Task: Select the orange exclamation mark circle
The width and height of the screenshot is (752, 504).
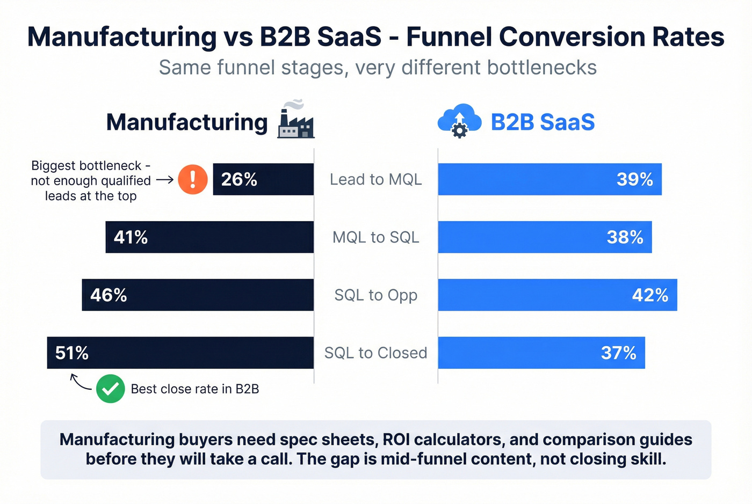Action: pos(192,179)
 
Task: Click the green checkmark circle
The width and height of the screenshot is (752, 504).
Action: pos(111,389)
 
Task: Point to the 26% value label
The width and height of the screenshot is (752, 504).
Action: pos(239,179)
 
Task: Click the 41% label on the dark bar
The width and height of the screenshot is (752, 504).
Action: pos(131,237)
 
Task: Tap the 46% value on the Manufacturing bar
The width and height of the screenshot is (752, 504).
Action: pos(109,295)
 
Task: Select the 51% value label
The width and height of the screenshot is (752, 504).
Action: pos(72,353)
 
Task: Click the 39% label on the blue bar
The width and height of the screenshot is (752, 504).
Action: pos(634,179)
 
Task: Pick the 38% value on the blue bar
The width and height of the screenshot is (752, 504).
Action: pos(625,237)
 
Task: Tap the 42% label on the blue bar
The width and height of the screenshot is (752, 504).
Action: pos(650,295)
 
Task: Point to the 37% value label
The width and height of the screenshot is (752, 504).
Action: pos(618,353)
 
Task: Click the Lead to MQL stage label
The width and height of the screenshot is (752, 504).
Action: pos(375,179)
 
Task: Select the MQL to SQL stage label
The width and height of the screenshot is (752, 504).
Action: pos(375,237)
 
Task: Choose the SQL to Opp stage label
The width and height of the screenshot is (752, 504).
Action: pos(375,295)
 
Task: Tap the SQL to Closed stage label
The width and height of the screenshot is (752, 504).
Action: pos(375,353)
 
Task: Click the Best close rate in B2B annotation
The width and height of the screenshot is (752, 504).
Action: pos(194,389)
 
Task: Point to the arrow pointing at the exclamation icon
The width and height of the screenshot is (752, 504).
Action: pos(165,180)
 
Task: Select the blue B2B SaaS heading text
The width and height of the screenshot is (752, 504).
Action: pos(543,122)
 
